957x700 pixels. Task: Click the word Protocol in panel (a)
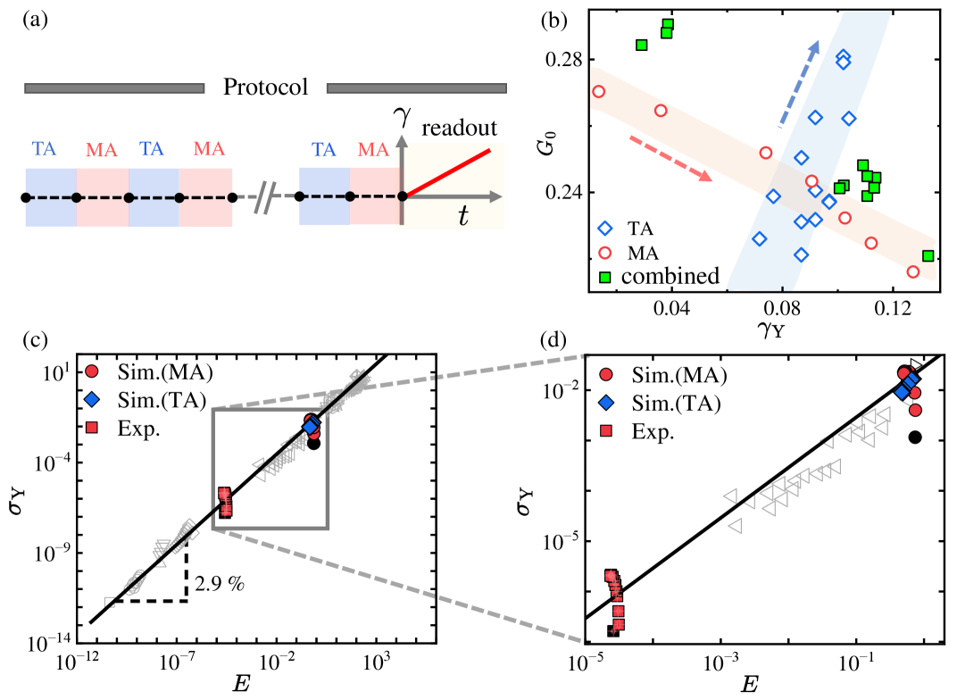[x=266, y=87]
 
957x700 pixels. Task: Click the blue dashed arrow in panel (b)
[x=799, y=82]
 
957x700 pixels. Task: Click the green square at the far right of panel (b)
[x=928, y=256]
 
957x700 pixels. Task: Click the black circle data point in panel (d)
[x=915, y=436]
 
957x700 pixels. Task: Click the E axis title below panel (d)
[x=750, y=684]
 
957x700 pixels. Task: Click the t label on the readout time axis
[x=465, y=218]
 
